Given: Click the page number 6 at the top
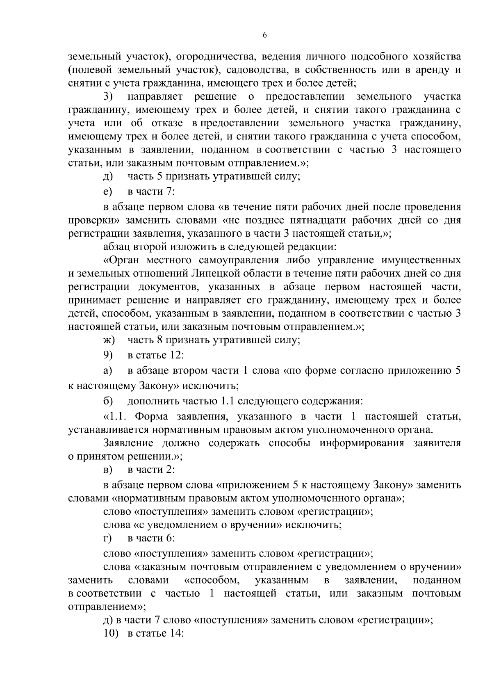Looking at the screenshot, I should point(264,36).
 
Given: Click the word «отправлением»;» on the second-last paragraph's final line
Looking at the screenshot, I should point(106,607).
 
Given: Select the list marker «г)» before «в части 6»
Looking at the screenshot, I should point(107,538).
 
